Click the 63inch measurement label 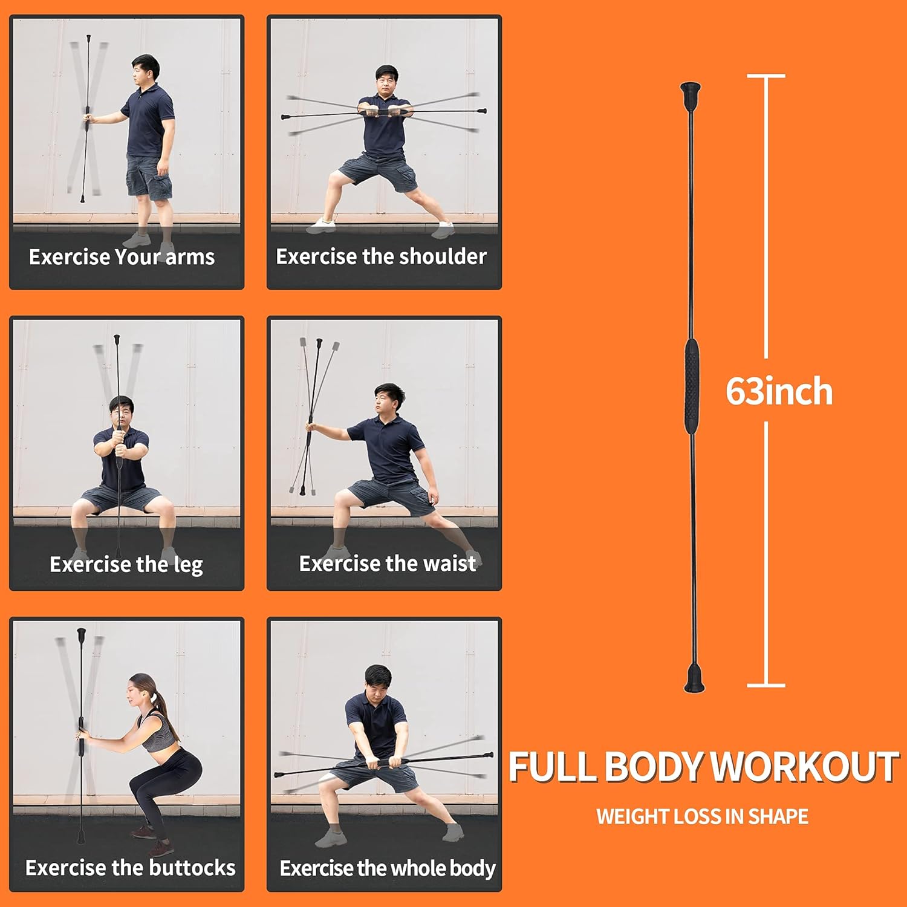[x=779, y=391]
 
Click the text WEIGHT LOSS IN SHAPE [x=702, y=816]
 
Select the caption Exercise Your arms [x=122, y=257]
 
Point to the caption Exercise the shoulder [x=381, y=256]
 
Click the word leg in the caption [x=188, y=565]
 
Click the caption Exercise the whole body [x=387, y=868]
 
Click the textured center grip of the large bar [x=691, y=382]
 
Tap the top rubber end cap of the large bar [x=690, y=93]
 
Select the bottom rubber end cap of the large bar [x=694, y=680]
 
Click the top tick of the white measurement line [x=766, y=76]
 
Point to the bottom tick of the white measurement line [x=766, y=685]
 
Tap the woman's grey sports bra [x=155, y=732]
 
